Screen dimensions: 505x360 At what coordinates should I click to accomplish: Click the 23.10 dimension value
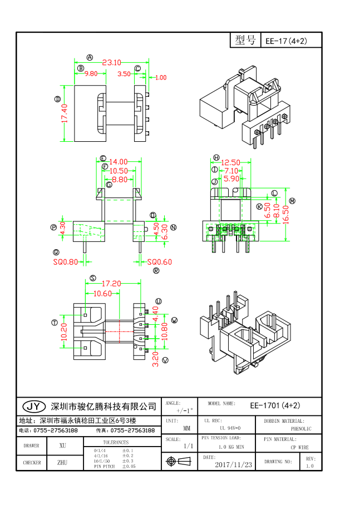(x=111, y=62)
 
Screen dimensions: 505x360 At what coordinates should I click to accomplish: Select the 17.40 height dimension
(x=65, y=113)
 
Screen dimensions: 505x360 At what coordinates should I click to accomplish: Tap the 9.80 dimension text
(x=91, y=73)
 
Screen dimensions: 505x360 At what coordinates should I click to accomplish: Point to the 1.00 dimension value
(x=160, y=78)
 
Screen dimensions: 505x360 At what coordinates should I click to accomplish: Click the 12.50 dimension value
(x=231, y=162)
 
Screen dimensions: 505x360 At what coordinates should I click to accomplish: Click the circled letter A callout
(x=90, y=57)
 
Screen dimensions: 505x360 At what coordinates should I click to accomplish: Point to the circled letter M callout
(x=292, y=201)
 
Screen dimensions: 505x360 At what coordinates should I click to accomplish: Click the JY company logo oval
(x=34, y=405)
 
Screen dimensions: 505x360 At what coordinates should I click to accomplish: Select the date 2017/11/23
(x=233, y=464)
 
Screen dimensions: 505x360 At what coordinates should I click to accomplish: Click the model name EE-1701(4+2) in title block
(x=275, y=405)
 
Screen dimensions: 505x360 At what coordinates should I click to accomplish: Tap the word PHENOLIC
(x=301, y=429)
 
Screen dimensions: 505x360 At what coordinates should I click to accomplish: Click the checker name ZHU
(x=62, y=462)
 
